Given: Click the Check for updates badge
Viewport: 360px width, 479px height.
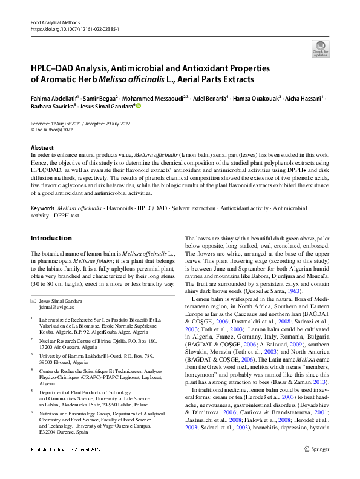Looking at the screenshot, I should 320,48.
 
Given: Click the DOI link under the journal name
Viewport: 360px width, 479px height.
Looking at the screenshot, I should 74,28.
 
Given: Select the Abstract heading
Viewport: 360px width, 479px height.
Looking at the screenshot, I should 42,148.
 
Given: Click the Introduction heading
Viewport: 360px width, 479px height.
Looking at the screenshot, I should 51,238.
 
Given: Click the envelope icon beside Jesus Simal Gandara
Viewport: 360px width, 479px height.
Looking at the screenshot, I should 33,300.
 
